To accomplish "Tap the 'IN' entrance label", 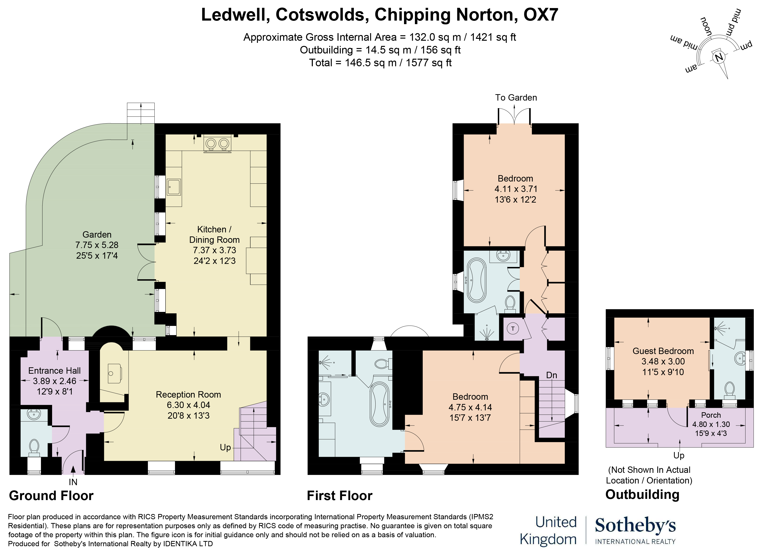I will point(73,482).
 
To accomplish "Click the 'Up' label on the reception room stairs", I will point(225,447).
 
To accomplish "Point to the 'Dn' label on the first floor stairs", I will point(552,375).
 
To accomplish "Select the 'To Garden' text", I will point(516,98).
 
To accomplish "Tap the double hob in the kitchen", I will point(217,144).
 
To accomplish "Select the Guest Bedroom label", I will point(663,351).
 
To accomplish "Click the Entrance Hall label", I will point(54,370).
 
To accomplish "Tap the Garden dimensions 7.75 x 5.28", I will point(97,245).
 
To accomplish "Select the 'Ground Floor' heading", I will point(51,496).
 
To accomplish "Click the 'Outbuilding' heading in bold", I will point(642,494).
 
